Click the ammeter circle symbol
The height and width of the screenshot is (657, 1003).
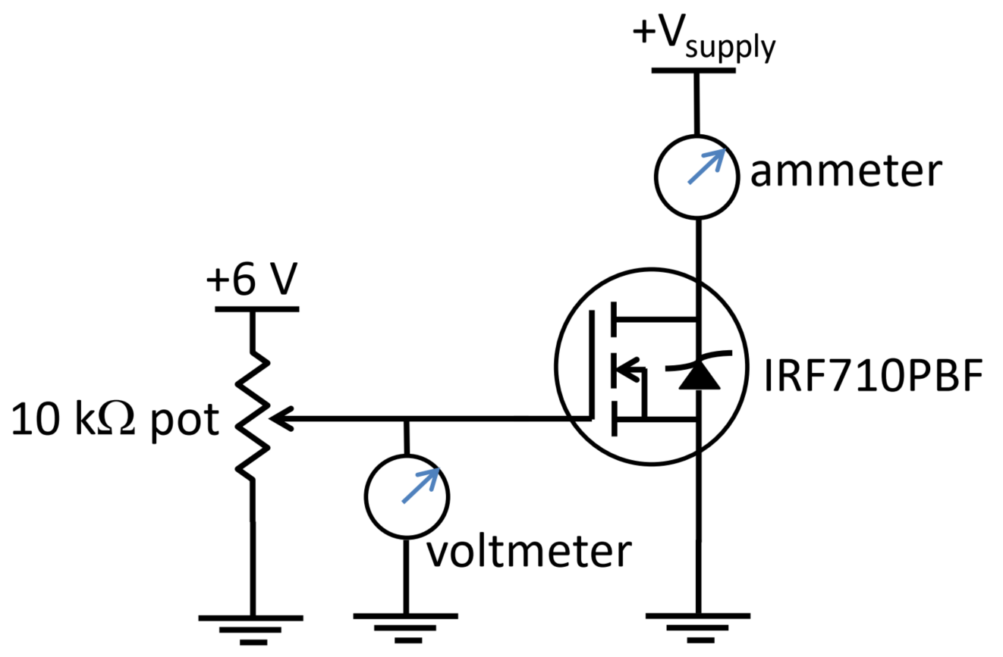tap(696, 176)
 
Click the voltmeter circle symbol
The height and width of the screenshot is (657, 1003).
tap(407, 496)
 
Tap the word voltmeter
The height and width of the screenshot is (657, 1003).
tap(529, 552)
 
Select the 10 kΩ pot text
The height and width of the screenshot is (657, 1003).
tap(114, 421)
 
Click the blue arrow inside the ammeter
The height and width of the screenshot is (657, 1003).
tap(706, 167)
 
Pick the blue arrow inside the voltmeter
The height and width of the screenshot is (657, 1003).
tap(420, 485)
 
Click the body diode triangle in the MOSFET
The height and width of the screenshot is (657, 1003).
tap(696, 377)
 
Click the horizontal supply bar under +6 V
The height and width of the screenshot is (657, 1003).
tap(256, 309)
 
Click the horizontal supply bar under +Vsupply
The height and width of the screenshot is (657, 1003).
tap(693, 70)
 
